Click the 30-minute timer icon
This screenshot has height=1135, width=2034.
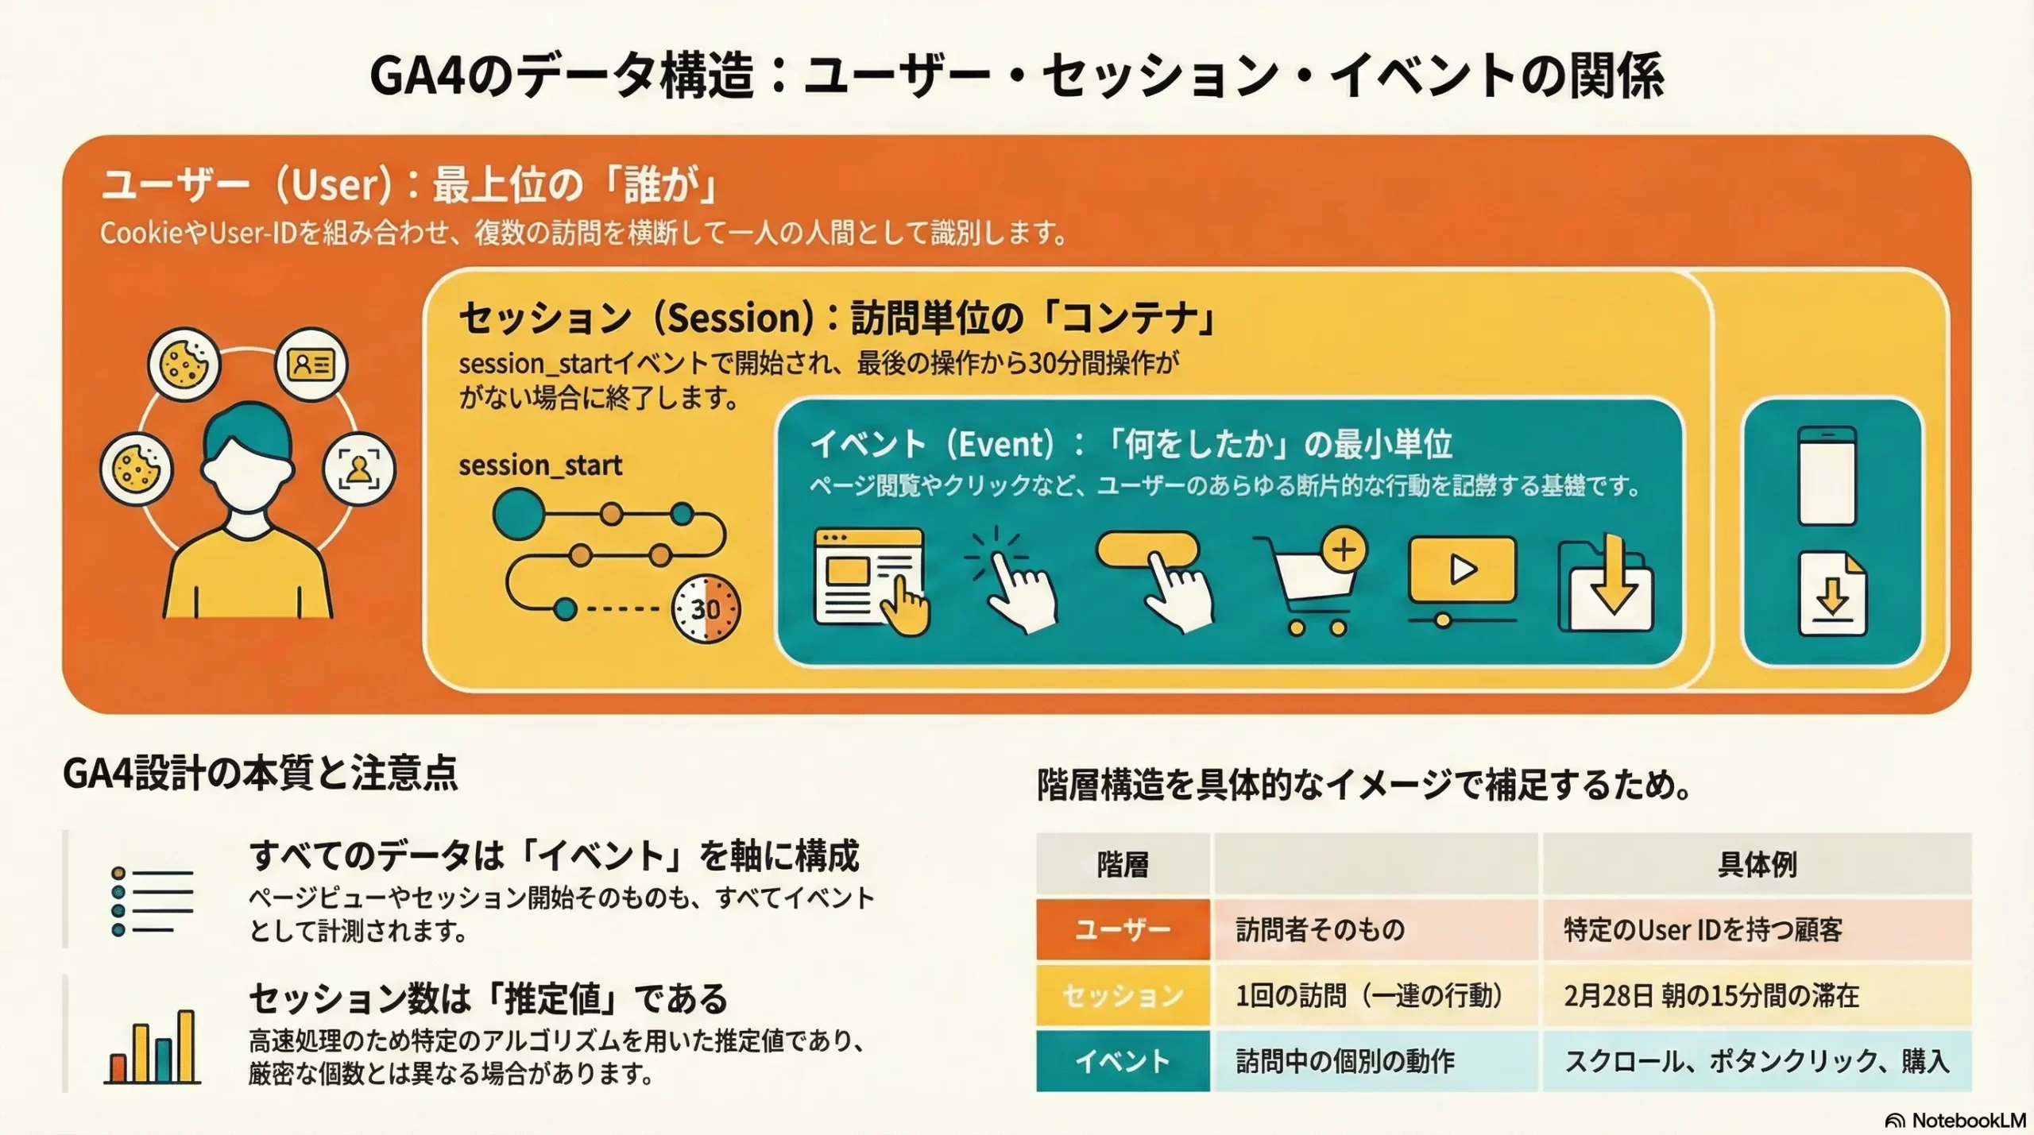pyautogui.click(x=706, y=608)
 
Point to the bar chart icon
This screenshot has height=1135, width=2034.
pyautogui.click(x=152, y=1047)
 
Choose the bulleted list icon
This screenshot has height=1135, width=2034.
pyautogui.click(x=153, y=901)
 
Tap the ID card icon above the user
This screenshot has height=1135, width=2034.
pyautogui.click(x=311, y=365)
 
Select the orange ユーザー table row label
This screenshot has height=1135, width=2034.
pyautogui.click(x=1123, y=929)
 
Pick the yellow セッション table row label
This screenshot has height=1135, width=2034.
pyautogui.click(x=1123, y=995)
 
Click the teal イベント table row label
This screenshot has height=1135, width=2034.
pyautogui.click(x=1123, y=1061)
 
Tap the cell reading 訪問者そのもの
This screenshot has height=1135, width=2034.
pyautogui.click(x=1321, y=929)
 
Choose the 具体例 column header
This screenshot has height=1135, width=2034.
pyautogui.click(x=1757, y=864)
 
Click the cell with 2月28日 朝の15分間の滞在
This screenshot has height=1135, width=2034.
pyautogui.click(x=1711, y=995)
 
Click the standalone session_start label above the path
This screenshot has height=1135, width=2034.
pyautogui.click(x=540, y=465)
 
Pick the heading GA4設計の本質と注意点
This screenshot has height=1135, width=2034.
pyautogui.click(x=261, y=774)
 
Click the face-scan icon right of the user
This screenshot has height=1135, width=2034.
pyautogui.click(x=359, y=469)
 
